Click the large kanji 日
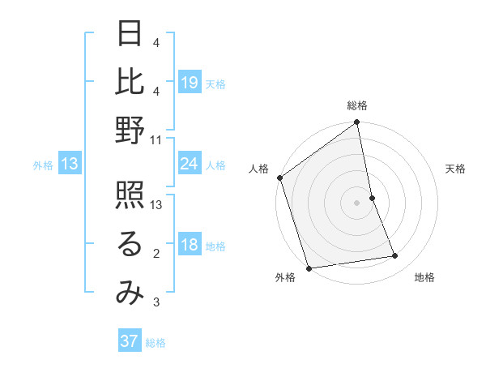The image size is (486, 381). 130,33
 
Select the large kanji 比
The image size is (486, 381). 130,81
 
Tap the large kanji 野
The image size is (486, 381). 130,130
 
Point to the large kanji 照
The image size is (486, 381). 130,197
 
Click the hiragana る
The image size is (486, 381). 130,246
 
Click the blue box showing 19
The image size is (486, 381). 190,83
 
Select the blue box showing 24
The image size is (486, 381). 190,165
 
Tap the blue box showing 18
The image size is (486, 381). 190,246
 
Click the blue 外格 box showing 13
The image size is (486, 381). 70,165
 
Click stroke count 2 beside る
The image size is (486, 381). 156,255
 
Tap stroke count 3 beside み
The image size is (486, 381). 156,303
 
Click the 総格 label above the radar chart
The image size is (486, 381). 357,105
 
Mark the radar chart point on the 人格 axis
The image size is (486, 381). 279,178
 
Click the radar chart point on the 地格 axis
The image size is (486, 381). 395,256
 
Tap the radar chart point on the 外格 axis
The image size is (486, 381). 309,268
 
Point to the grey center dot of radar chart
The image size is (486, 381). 356,203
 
